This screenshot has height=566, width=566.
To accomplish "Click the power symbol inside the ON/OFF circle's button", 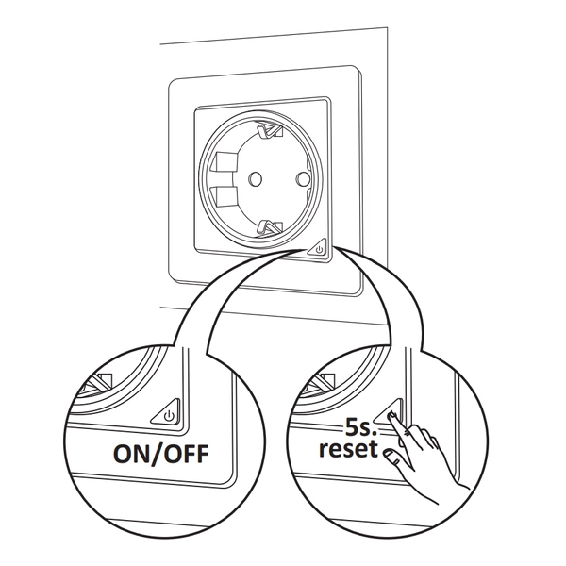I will pos(169,413).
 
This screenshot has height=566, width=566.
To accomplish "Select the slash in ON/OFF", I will pos(160,454).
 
